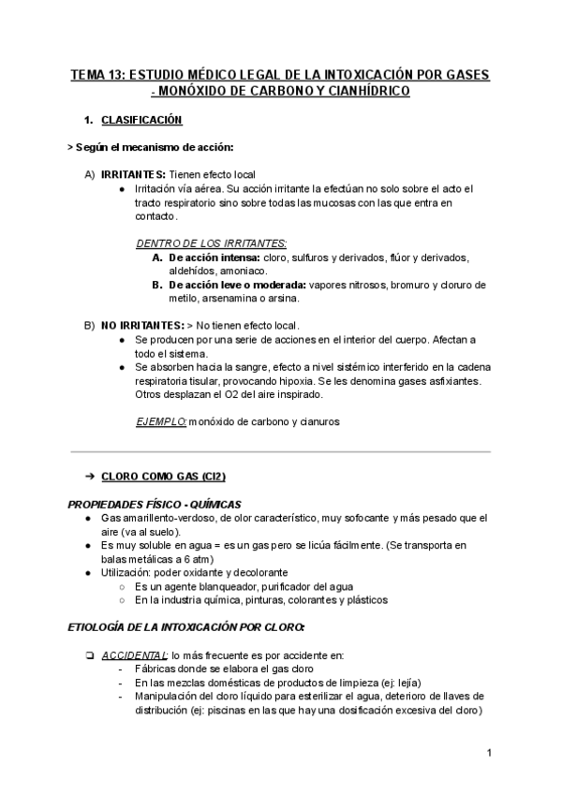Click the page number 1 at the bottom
(489, 753)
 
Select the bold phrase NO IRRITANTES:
(143, 325)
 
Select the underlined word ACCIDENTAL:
(135, 654)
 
